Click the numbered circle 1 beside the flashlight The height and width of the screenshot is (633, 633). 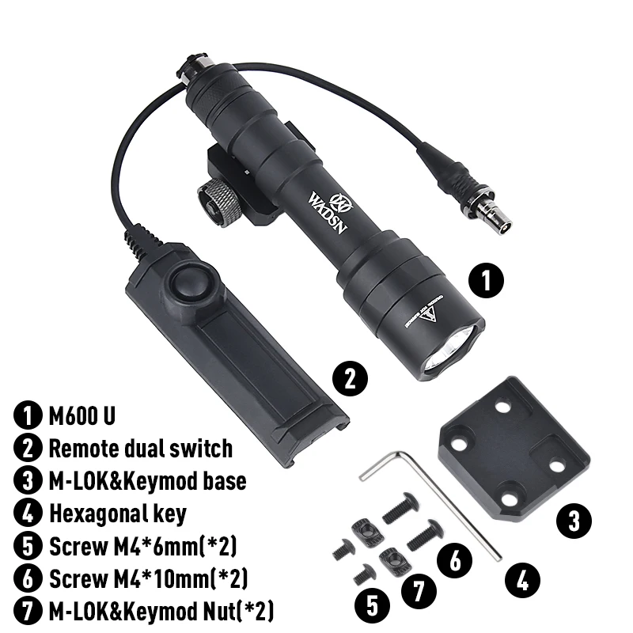click(x=487, y=280)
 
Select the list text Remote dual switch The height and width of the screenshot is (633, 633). click(x=140, y=449)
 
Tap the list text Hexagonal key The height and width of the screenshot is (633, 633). click(x=117, y=514)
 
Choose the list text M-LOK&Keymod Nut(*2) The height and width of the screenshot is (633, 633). click(x=161, y=611)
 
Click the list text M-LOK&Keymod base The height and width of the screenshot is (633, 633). click(x=146, y=481)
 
